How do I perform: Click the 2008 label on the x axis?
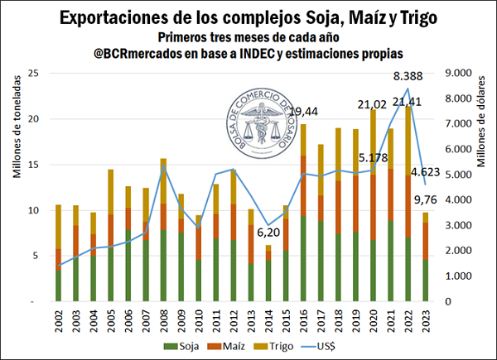[x=163, y=317]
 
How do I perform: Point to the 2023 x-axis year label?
[x=426, y=317]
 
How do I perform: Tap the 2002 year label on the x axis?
[x=58, y=317]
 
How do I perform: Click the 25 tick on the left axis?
[x=34, y=74]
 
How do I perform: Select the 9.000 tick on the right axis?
[x=461, y=74]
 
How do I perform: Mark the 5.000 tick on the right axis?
[x=461, y=175]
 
